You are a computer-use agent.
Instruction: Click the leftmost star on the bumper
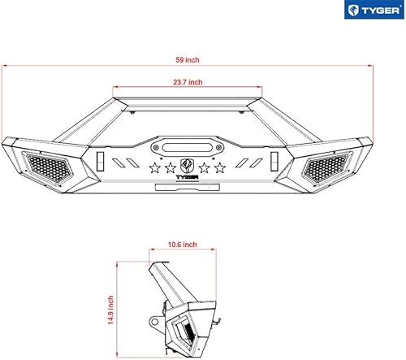point(155,169)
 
